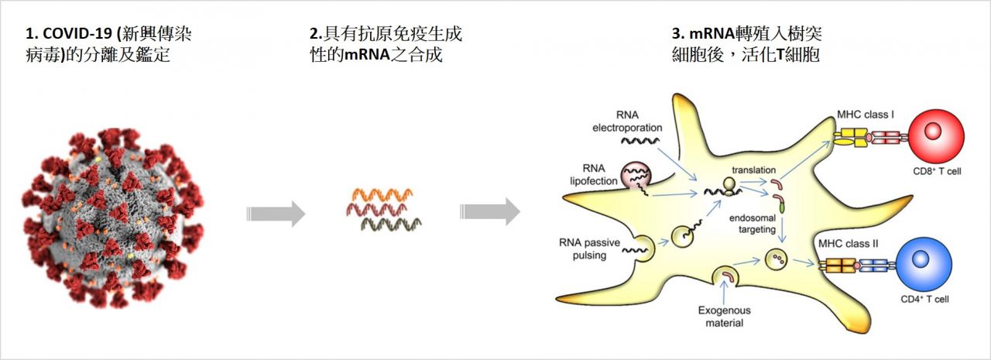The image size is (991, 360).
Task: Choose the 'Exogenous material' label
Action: click(x=722, y=317)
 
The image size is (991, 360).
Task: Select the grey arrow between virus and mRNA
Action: click(x=275, y=213)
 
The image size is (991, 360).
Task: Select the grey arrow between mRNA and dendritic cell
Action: click(x=489, y=211)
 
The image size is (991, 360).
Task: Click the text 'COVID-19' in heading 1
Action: click(x=72, y=35)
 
